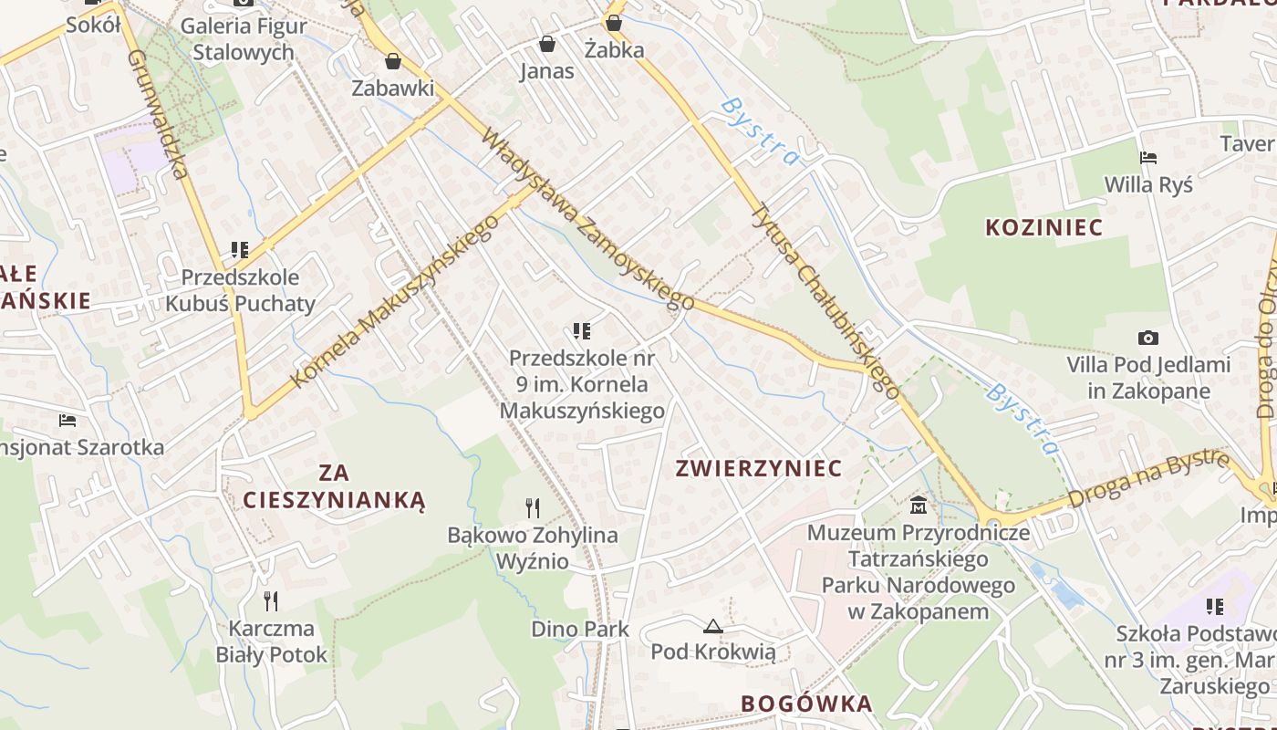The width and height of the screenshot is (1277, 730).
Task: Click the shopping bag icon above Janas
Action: pos(547,43)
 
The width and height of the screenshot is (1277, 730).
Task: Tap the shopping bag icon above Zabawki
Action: pos(393,61)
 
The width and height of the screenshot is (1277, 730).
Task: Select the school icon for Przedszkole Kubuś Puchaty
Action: pos(240,249)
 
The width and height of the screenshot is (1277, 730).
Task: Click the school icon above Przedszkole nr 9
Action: pos(582,330)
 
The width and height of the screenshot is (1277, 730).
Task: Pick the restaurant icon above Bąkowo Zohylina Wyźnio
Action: pos(533,507)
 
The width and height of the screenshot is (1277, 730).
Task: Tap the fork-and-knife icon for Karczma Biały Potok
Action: pos(270,600)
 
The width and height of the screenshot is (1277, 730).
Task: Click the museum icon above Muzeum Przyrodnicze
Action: pos(919,504)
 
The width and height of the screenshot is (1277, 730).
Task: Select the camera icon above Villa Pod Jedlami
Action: pos(1148,338)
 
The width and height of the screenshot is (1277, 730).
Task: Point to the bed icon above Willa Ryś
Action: pos(1148,157)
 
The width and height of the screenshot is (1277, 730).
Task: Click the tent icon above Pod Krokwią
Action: pos(713,626)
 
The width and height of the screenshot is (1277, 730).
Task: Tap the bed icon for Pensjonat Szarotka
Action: pos(67,420)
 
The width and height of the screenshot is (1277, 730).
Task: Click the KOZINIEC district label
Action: pos(1043,227)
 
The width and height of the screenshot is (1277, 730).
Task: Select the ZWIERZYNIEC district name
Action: pos(758,468)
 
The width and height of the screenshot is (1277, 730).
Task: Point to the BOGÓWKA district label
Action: pos(806,704)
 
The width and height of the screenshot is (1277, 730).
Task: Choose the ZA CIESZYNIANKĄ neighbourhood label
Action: pos(334,486)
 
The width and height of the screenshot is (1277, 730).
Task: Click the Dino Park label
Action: pos(580,629)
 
